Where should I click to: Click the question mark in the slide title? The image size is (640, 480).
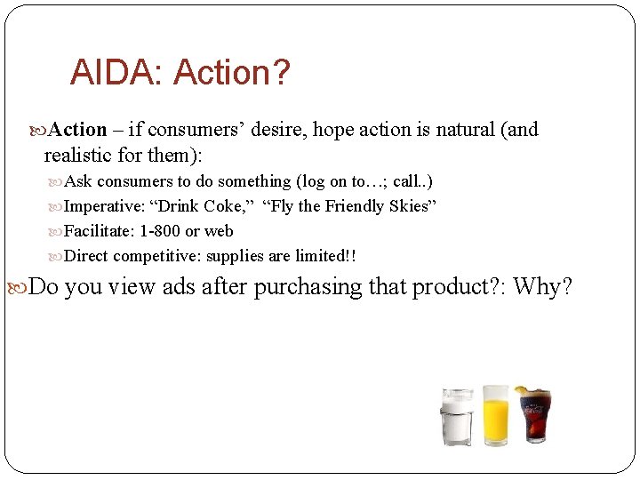[281, 73]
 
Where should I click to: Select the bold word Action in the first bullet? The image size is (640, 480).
[77, 130]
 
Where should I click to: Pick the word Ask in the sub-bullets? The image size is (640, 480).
[78, 181]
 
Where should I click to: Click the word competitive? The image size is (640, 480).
[156, 256]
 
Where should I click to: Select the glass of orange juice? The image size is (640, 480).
[495, 415]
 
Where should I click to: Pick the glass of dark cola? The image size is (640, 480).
[534, 415]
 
